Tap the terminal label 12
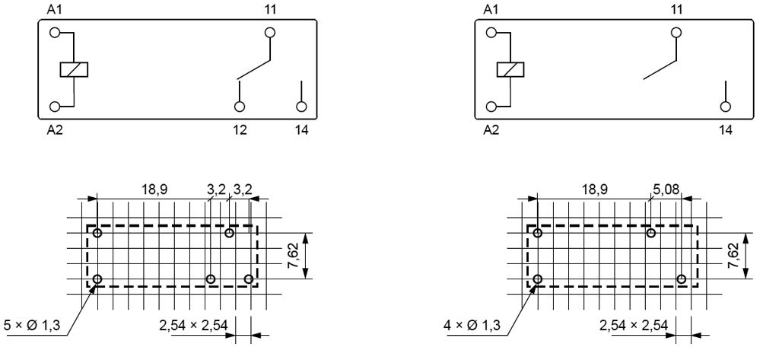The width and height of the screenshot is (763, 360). click(240, 129)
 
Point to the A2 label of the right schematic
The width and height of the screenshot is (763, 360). click(491, 129)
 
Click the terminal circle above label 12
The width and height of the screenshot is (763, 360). click(240, 107)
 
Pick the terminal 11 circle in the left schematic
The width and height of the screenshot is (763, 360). click(269, 33)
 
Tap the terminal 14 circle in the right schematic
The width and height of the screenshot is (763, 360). click(725, 107)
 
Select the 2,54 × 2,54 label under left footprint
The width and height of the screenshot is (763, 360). click(193, 327)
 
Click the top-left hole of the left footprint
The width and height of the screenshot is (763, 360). click(97, 233)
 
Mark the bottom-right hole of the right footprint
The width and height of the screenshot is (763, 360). click(681, 279)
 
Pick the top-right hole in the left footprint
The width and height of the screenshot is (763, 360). click(229, 233)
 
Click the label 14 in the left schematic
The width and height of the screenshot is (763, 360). click(302, 129)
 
